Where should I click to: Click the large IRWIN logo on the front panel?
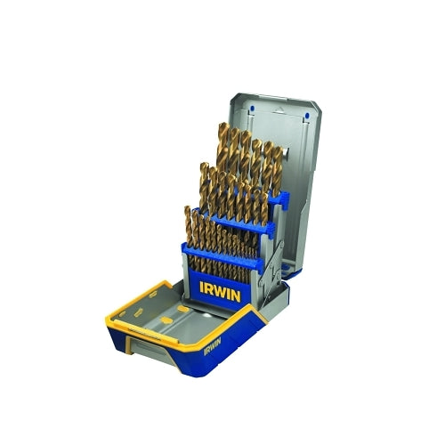(x=220, y=292)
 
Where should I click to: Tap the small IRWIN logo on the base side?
(x=213, y=346)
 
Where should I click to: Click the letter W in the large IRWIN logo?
(x=222, y=292)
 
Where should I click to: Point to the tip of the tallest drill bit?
(x=223, y=123)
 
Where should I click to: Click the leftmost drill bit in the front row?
(x=188, y=225)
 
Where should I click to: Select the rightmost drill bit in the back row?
(x=278, y=168)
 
